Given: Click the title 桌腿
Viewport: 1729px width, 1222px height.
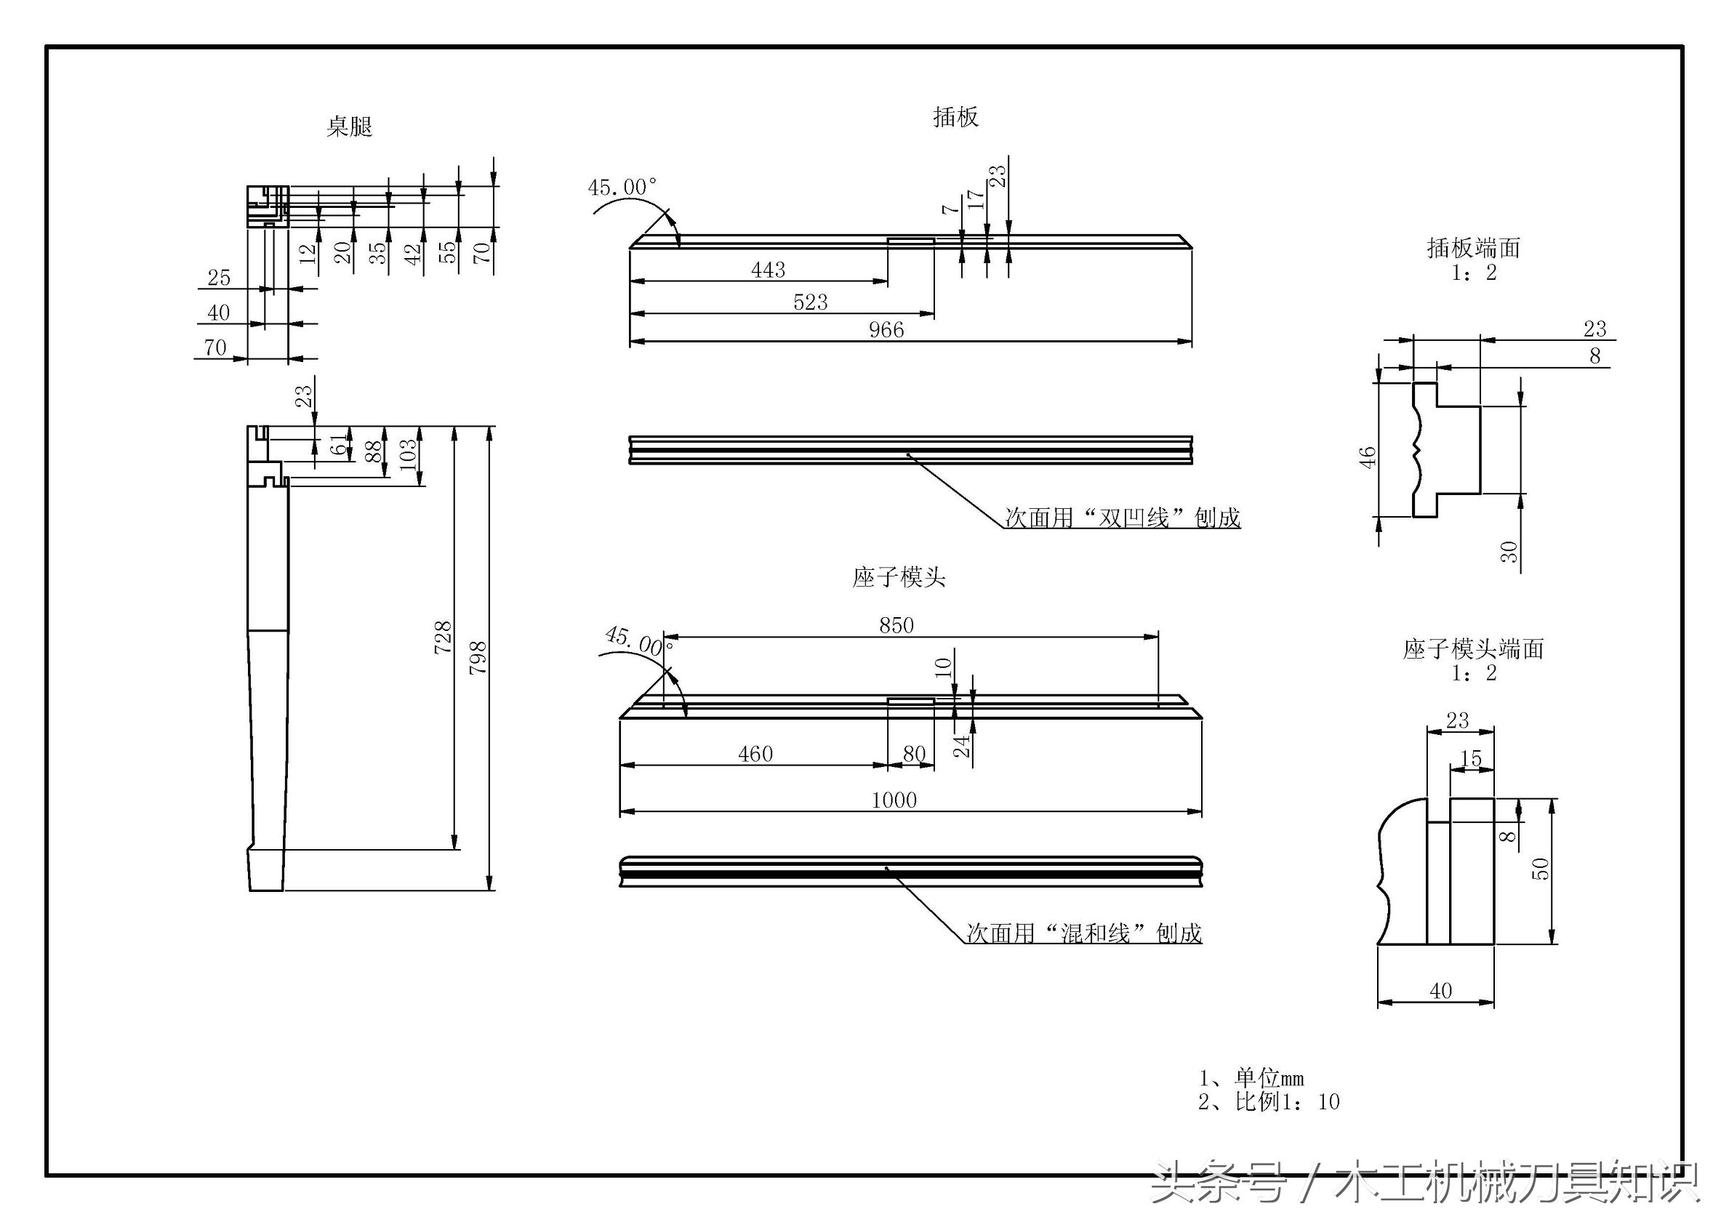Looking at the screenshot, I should pos(349,126).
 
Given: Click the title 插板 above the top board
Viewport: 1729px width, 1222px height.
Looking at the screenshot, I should pos(955,118).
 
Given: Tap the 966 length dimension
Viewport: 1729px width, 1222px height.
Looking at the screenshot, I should pos(886,330).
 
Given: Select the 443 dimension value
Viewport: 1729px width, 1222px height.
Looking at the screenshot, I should pos(767,270).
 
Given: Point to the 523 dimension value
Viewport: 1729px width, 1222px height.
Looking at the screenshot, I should pos(810,302).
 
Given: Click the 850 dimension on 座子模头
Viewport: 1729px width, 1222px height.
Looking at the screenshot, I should pos(896,625).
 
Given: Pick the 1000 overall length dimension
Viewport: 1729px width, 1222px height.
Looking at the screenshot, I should pos(894,800).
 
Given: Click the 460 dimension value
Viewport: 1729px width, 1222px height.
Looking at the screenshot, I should pos(755,754).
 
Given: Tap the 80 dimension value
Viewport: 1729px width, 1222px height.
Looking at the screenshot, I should pos(913,754).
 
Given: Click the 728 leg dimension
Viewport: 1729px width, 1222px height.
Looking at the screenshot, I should pos(443,637).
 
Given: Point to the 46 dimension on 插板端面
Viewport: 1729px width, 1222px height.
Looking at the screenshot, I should pos(1367,457).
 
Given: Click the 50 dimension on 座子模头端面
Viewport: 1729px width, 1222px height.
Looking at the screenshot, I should pos(1541,868).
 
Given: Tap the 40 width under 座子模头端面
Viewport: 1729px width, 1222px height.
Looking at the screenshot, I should pos(1440,991).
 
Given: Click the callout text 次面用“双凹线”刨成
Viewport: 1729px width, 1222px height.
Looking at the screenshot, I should pos(1122,518).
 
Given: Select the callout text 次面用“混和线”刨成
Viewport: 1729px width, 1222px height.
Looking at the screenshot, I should pos(1083,933).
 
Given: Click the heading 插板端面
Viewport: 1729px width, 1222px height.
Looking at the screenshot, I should pos(1473,248).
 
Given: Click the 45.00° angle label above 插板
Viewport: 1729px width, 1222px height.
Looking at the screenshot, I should pos(622,187).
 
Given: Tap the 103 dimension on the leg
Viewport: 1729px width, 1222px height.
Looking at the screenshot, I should pos(407,456).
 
